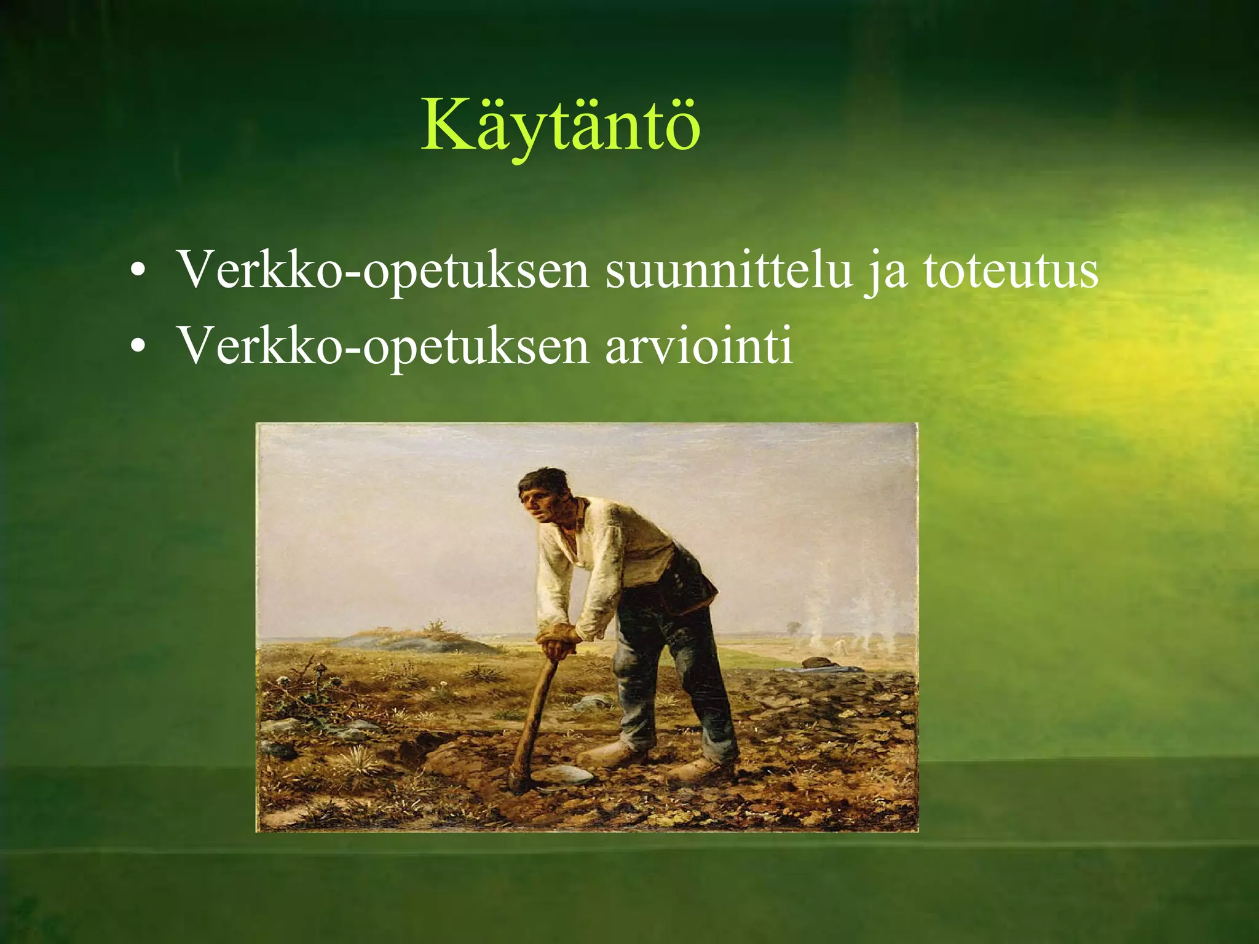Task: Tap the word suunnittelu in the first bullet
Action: pos(728,270)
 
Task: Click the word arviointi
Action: pos(698,345)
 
